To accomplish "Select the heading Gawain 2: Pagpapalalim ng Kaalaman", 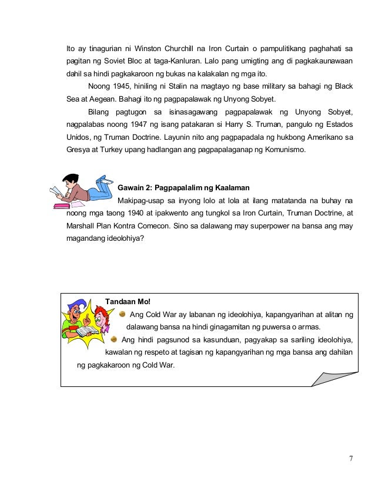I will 184,188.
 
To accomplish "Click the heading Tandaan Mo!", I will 128,302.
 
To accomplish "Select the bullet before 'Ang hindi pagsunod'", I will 114,339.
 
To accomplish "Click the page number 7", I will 350,459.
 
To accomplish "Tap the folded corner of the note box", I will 334,375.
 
